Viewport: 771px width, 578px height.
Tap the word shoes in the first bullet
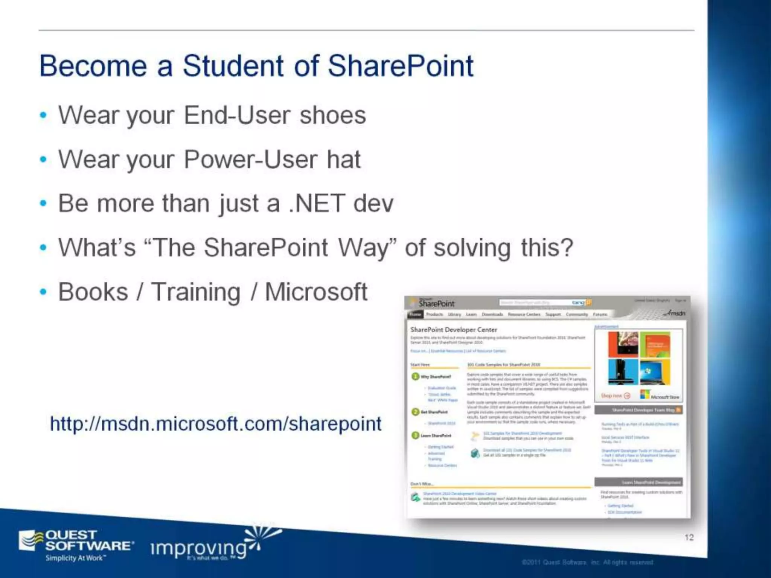point(333,115)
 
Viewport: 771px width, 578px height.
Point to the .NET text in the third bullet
point(317,204)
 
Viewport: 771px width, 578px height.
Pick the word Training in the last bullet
point(196,292)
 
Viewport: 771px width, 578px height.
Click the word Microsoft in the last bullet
point(316,292)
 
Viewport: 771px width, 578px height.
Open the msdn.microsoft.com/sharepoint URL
point(216,424)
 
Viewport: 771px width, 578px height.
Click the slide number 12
point(689,537)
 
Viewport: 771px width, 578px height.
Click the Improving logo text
point(198,549)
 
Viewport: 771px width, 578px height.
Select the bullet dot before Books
point(43,292)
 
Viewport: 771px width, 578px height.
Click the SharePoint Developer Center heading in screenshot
point(453,330)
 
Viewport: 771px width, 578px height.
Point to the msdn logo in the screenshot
point(676,313)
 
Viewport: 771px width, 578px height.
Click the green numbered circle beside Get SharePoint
point(415,412)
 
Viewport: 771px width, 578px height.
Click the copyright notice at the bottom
point(587,562)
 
